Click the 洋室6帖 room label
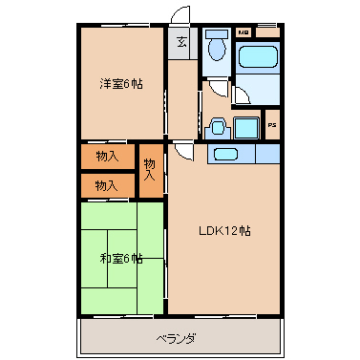(x=120, y=84)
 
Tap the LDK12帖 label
(x=224, y=230)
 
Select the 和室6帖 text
(x=121, y=258)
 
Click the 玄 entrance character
(x=181, y=41)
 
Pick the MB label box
(x=243, y=32)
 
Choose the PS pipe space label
(x=272, y=125)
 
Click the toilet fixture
(x=216, y=50)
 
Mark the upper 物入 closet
(x=107, y=155)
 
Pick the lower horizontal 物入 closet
(x=107, y=184)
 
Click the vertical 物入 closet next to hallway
(x=150, y=169)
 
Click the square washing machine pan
(x=247, y=128)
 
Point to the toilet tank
(x=216, y=33)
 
